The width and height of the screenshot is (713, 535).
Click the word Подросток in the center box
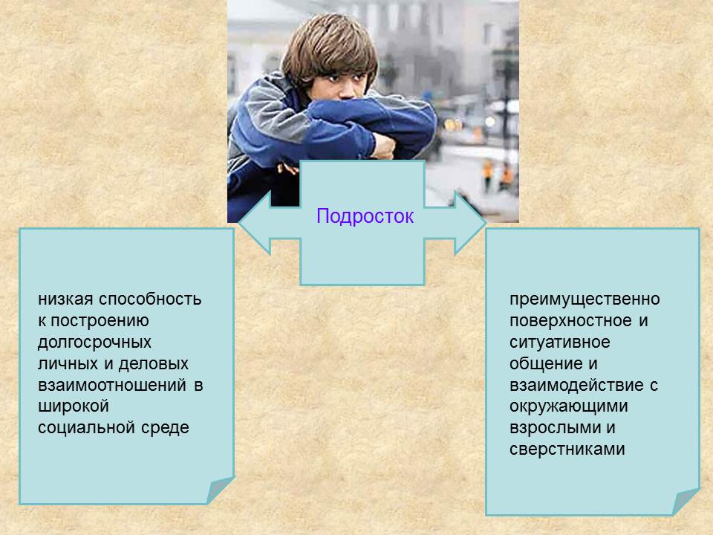click(x=364, y=216)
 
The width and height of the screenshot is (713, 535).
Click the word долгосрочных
click(x=94, y=343)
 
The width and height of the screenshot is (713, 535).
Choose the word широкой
click(x=74, y=407)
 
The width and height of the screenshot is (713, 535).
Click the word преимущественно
click(x=585, y=299)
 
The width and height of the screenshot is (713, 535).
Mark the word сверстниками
click(x=567, y=450)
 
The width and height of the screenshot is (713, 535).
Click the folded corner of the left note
click(x=221, y=490)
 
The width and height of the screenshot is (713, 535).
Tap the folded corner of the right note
click(x=686, y=501)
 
